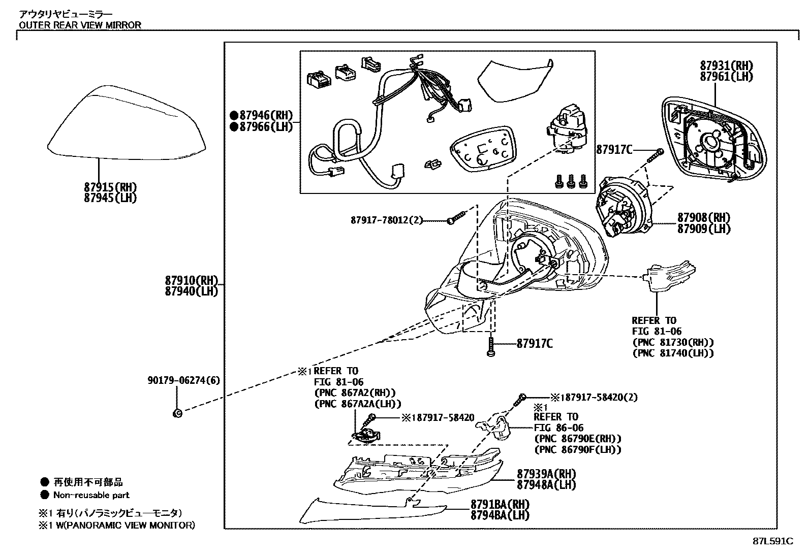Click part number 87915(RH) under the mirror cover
[110, 187]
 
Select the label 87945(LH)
[110, 198]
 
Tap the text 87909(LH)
[703, 228]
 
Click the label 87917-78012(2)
[386, 220]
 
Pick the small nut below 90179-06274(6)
[177, 413]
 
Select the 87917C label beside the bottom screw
[534, 344]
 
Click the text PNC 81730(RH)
[673, 342]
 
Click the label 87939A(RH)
[546, 474]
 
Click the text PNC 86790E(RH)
[577, 439]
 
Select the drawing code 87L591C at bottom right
[772, 541]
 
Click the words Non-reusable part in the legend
[91, 495]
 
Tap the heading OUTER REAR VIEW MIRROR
[80, 25]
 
